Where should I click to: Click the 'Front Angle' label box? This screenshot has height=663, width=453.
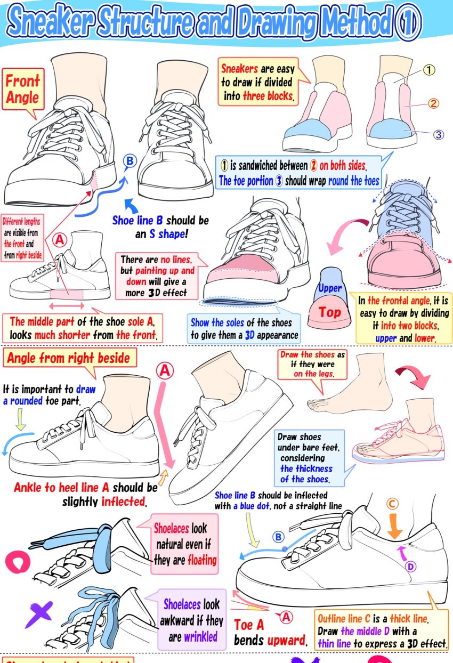pos(23,90)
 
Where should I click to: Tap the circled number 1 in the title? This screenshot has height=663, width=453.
pos(408,22)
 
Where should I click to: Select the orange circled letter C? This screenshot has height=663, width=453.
pos(392,504)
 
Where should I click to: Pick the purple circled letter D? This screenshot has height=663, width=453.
pos(410,567)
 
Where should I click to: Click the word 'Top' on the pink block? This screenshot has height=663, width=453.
pos(329,312)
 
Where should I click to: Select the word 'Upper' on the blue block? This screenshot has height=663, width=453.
pos(330,288)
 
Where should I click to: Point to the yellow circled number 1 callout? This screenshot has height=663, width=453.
pos(428,70)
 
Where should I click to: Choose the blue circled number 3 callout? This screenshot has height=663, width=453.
pos(438,135)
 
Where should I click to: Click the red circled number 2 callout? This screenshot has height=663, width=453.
pos(433,103)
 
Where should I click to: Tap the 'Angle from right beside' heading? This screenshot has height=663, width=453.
pos(69,358)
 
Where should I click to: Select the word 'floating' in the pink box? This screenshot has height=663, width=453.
pos(203,560)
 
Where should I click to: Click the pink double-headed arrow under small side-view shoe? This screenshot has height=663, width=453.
pos(67,306)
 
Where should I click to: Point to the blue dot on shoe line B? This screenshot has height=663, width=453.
pos(285,549)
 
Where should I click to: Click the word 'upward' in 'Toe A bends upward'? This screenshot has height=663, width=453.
pos(286,641)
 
